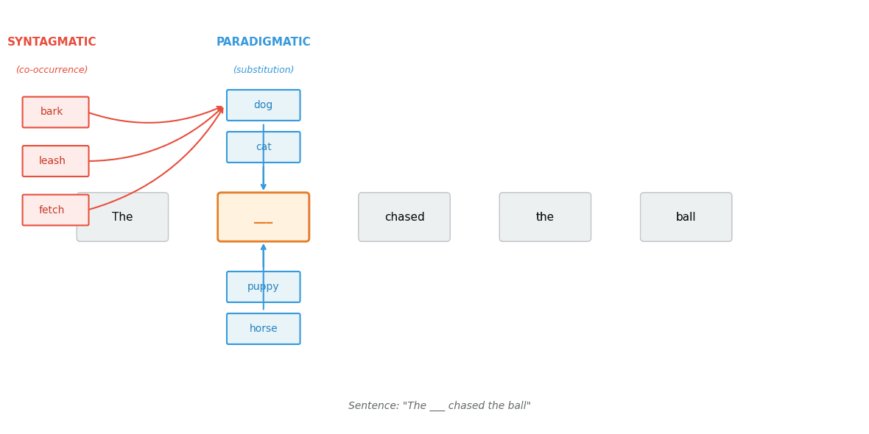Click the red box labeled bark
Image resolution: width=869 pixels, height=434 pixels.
55,112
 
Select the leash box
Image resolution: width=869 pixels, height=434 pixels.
55,161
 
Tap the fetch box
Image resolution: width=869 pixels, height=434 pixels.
55,210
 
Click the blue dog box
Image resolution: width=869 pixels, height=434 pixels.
263,105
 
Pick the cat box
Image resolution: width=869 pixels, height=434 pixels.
263,147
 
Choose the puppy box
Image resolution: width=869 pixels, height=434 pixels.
263,287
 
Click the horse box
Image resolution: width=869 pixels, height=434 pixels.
263,329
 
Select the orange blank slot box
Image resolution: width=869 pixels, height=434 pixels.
263,217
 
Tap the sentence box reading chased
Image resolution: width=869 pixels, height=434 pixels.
404,217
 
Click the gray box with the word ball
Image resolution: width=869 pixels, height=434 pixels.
686,217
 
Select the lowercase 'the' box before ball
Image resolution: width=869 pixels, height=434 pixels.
545,217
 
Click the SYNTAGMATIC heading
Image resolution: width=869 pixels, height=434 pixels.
52,42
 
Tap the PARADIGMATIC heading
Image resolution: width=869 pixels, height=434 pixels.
264,42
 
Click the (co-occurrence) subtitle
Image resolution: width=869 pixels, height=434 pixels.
52,70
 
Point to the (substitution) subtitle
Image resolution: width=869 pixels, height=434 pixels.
264,70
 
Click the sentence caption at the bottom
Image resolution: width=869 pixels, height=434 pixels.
439,406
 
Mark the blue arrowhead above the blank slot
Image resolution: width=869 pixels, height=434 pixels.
263,187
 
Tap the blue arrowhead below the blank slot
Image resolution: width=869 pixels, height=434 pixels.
263,248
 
